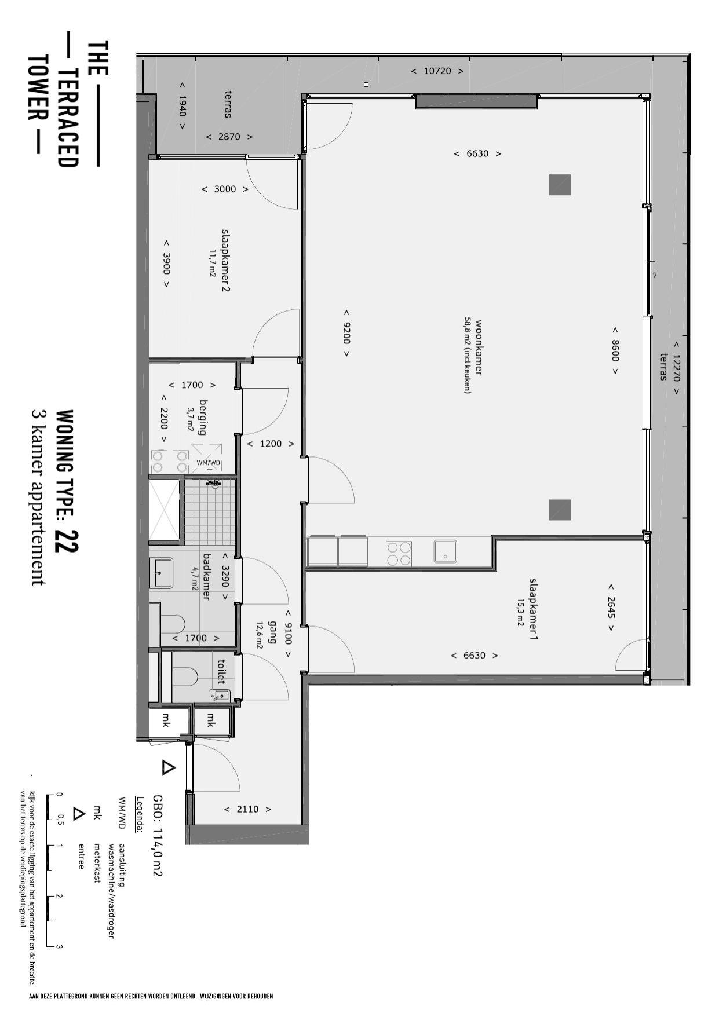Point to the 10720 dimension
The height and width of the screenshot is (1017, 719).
coord(437,71)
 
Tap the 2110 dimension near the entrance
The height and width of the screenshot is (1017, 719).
coord(247,809)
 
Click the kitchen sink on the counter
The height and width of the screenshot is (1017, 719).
coord(446,551)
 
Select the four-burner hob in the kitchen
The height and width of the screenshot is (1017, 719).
coord(399,553)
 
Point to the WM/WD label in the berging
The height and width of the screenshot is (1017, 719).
coord(209,462)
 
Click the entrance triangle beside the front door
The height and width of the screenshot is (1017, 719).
coord(168,768)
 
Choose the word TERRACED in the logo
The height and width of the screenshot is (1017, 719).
coord(67,118)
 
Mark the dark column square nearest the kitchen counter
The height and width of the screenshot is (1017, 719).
coord(560,510)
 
